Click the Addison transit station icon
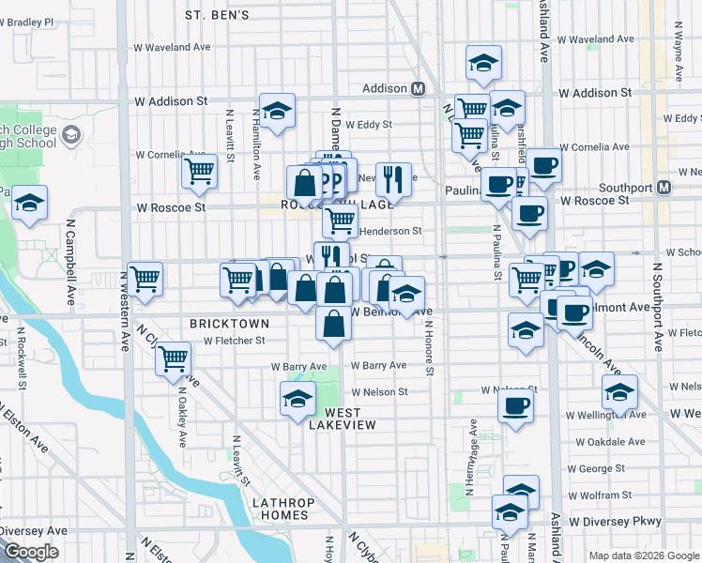click(x=418, y=89)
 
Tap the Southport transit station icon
click(x=664, y=187)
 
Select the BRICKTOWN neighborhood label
click(x=230, y=323)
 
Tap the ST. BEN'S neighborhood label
click(x=217, y=15)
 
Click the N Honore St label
click(x=429, y=349)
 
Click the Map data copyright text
click(x=644, y=555)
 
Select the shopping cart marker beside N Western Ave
click(x=145, y=278)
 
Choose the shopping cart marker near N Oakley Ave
click(x=174, y=358)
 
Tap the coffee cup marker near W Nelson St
click(x=514, y=406)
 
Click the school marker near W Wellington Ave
click(x=619, y=392)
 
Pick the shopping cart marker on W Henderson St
click(x=340, y=221)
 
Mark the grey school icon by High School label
click(x=71, y=137)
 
